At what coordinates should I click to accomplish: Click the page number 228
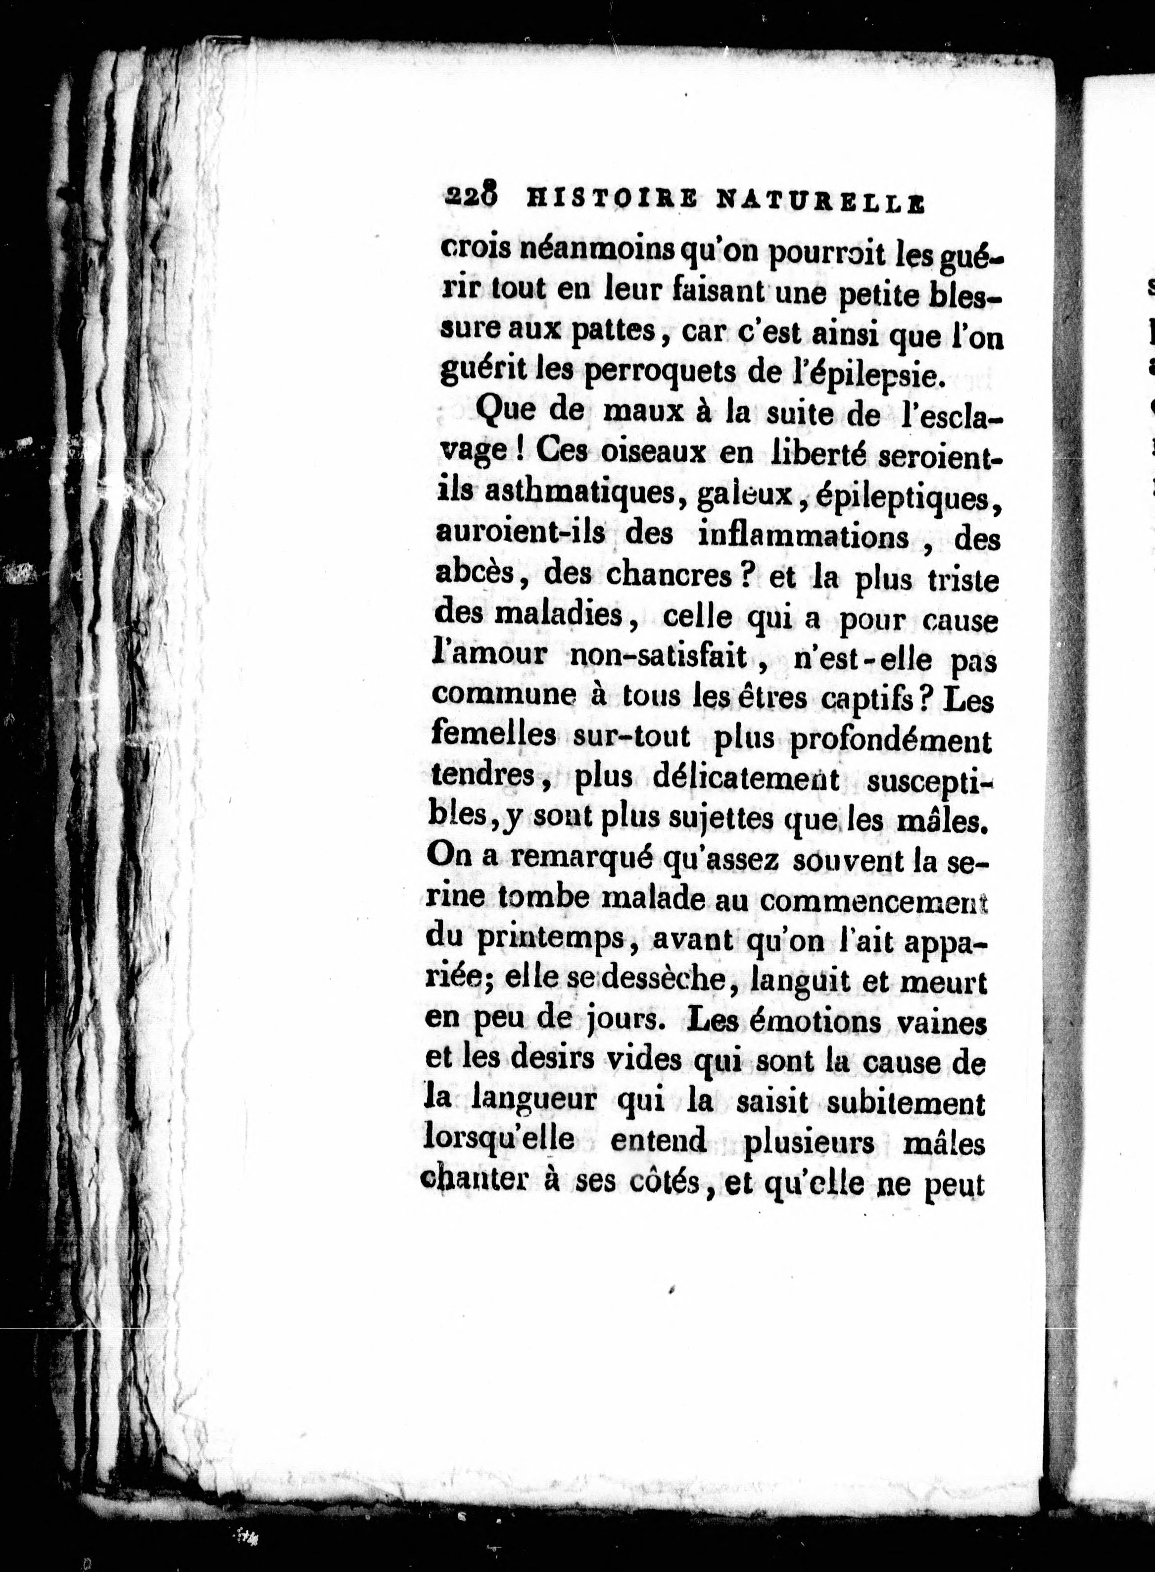pos(470,198)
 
